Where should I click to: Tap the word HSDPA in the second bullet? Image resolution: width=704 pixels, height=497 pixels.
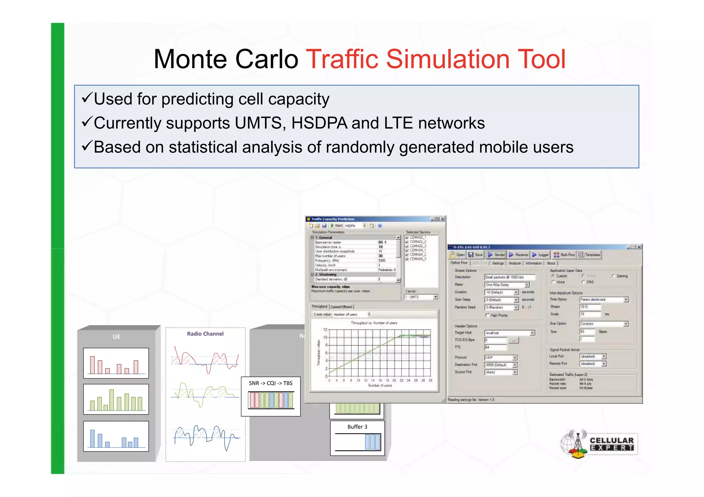pos(319,123)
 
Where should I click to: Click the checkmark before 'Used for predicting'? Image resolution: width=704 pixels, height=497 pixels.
pos(87,98)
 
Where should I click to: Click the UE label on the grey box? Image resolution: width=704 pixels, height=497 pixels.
pos(117,337)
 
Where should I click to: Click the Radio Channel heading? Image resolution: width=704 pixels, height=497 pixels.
pos(205,334)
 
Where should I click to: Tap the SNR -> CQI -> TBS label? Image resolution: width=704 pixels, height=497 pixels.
pos(271,383)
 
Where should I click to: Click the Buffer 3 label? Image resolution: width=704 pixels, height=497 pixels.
pos(357,427)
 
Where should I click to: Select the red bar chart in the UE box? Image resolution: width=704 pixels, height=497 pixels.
pos(116,363)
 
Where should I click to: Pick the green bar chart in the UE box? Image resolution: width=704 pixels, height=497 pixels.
pos(116,399)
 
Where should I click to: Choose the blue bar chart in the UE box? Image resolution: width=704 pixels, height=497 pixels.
pos(116,436)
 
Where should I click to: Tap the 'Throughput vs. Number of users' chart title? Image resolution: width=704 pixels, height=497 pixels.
pos(374,323)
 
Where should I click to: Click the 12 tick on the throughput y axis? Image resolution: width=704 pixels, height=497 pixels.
pos(325,330)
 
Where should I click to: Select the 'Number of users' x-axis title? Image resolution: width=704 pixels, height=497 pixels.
pos(380,385)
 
